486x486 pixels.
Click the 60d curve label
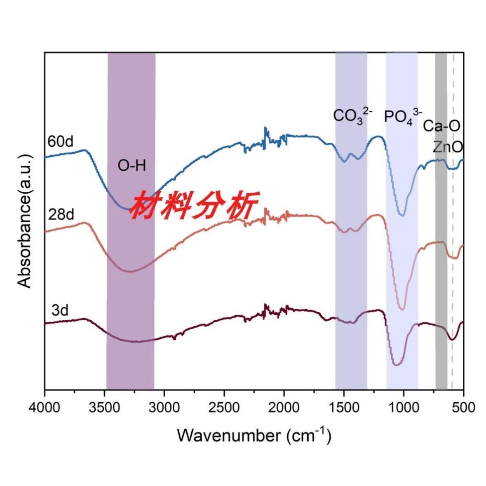click(61, 143)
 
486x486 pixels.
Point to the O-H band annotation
click(132, 166)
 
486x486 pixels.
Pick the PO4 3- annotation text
click(403, 116)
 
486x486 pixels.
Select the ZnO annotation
click(447, 147)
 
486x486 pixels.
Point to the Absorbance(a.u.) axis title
click(26, 221)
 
